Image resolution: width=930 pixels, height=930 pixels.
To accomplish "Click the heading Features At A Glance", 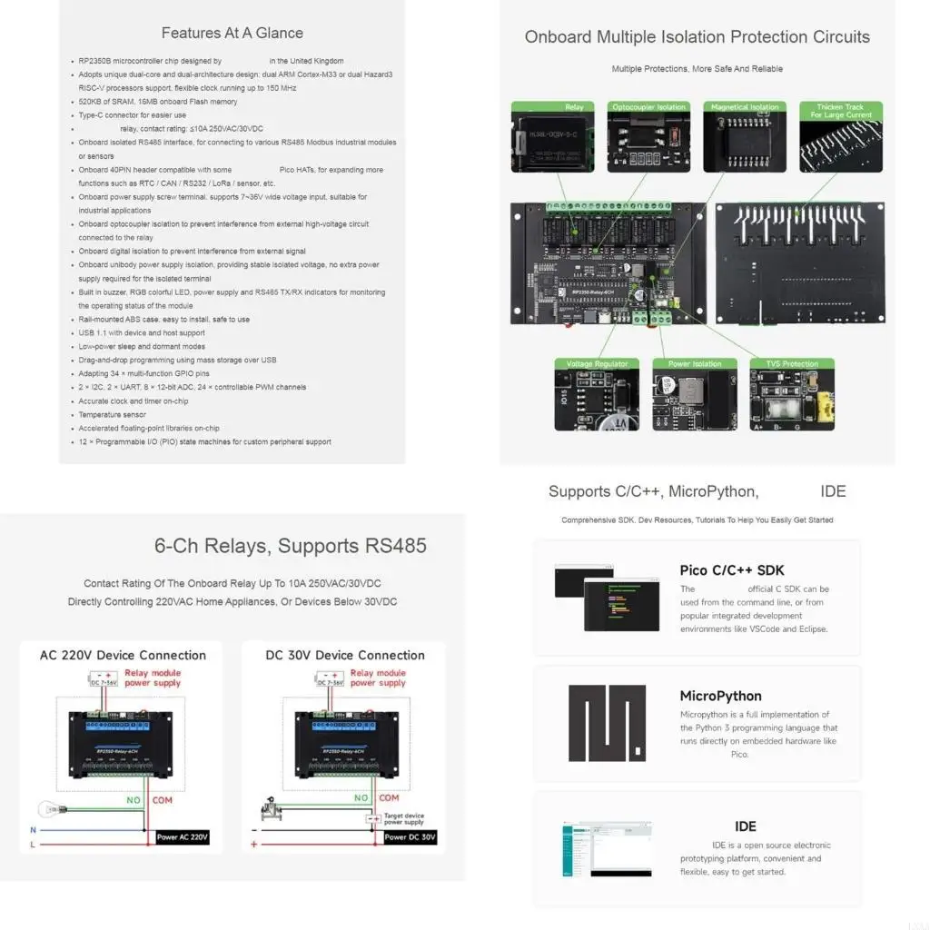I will [232, 33].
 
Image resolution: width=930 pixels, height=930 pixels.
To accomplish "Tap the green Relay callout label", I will [553, 107].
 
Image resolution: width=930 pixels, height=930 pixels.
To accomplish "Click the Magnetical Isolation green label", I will [745, 107].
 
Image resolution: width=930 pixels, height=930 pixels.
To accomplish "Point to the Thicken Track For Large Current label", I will [840, 111].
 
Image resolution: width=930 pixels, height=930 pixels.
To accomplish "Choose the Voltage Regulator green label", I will [597, 364].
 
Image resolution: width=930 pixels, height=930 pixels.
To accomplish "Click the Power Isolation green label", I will [695, 364].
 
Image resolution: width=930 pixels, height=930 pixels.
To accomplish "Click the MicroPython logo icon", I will [608, 723].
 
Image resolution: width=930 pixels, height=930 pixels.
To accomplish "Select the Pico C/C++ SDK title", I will [731, 570].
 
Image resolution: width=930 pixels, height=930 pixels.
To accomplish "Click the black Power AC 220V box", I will [182, 836].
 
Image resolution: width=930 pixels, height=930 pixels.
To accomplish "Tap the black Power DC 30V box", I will [410, 836].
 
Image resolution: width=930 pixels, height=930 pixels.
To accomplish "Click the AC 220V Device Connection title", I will [123, 655].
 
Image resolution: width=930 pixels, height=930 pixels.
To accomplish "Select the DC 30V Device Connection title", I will [345, 655].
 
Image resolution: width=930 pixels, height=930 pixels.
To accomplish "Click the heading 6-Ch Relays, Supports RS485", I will [290, 546].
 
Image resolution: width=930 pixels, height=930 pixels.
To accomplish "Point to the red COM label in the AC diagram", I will [162, 800].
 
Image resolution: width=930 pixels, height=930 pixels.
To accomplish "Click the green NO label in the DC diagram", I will [361, 798].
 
